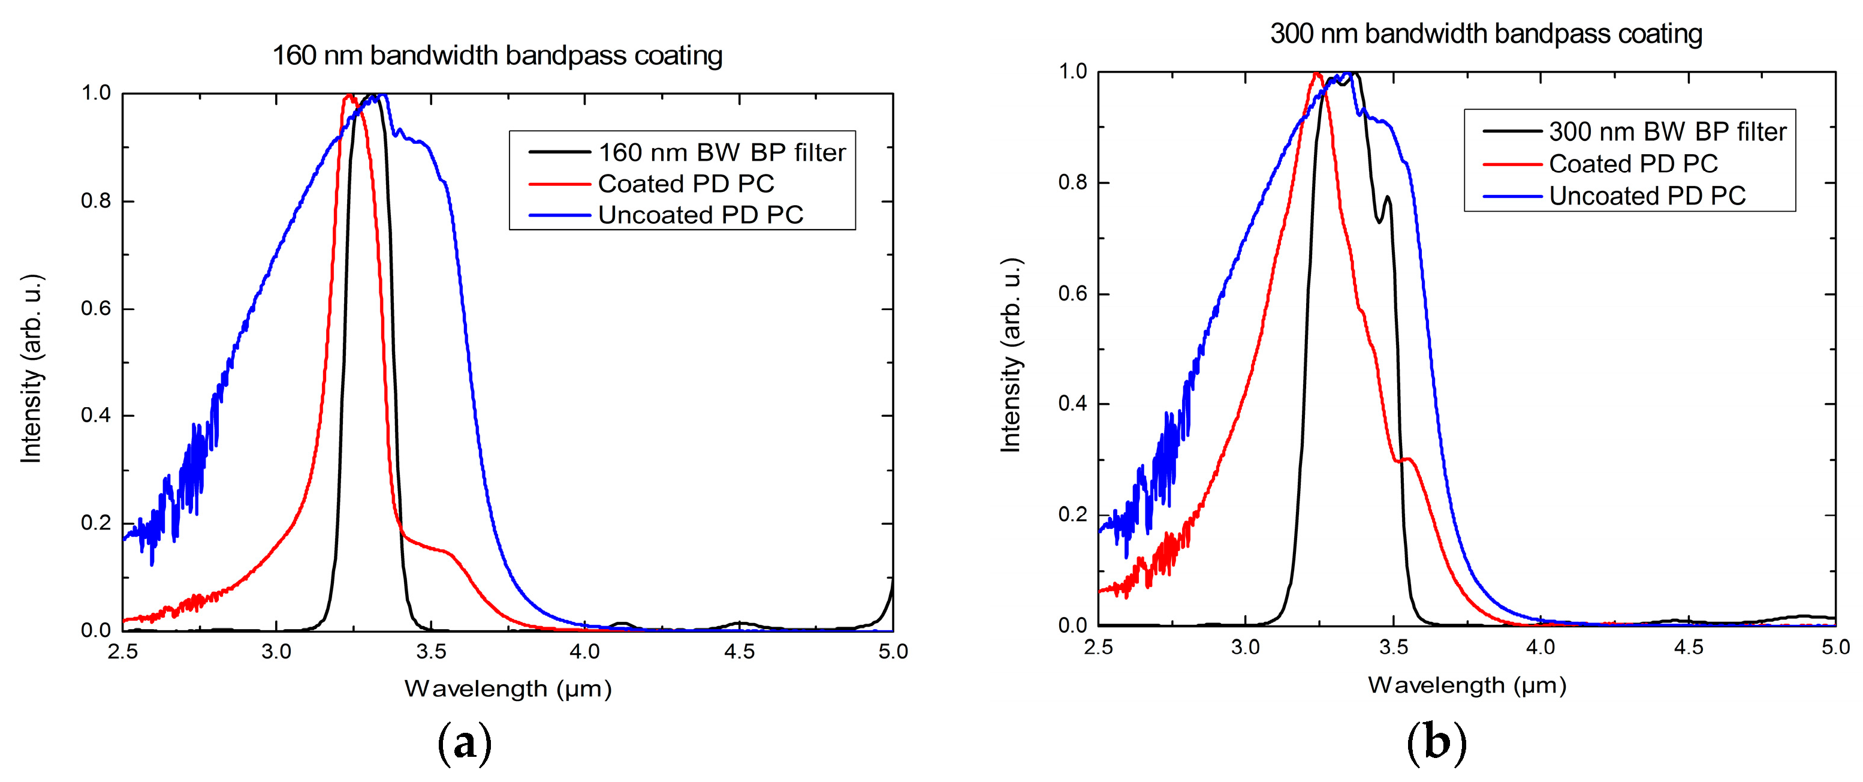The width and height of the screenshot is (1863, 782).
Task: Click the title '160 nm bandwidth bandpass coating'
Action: (x=497, y=56)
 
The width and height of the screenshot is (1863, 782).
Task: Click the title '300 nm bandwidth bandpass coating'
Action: (x=1485, y=34)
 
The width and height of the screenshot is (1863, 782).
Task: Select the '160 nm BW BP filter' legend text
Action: (x=721, y=153)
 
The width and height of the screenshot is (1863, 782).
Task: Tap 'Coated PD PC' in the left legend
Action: (x=686, y=184)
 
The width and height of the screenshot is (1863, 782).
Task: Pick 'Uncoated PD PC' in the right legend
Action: (x=1647, y=196)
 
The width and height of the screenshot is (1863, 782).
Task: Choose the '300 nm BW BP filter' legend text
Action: (x=1667, y=132)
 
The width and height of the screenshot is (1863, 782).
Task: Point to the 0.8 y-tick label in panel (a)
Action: (x=96, y=201)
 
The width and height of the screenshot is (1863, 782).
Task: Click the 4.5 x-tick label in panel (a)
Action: (x=738, y=652)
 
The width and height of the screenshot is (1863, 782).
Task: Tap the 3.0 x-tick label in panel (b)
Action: (x=1246, y=646)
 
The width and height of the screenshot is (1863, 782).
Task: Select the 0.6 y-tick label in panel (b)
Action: (x=1072, y=294)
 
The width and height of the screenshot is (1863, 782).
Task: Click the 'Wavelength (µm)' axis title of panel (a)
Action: (x=508, y=688)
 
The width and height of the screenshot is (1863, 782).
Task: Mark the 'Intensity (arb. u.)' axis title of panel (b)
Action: (x=1011, y=354)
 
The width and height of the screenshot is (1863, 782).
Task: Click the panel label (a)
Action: (x=465, y=744)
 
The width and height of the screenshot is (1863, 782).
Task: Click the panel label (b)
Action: (x=1436, y=744)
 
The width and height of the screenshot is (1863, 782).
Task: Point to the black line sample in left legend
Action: (x=559, y=153)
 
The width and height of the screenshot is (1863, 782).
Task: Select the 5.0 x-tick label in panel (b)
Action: (x=1835, y=646)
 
